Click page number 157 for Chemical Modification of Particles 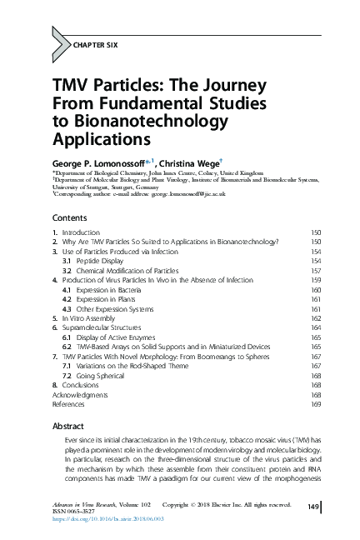point(316,271)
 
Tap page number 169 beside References point(316,404)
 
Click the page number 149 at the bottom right point(314,506)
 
